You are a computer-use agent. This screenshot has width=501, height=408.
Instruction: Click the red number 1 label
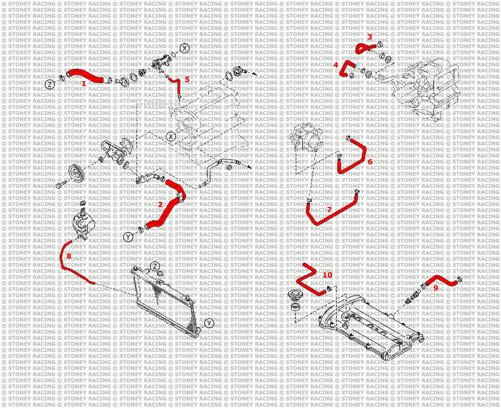click(84, 84)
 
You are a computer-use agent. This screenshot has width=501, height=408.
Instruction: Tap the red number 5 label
click(187, 79)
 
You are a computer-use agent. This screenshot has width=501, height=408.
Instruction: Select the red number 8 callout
click(69, 256)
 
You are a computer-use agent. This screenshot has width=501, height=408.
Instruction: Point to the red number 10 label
click(328, 275)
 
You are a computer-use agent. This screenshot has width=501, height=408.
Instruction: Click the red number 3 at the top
click(370, 37)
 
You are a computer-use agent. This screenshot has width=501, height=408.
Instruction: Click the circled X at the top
click(185, 49)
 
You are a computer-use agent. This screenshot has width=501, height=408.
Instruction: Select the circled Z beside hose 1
click(50, 85)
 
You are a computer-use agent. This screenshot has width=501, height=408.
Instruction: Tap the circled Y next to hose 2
click(128, 237)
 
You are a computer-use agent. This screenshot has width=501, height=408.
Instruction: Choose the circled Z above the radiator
click(155, 266)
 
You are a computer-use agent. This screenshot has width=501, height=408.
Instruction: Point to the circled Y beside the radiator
click(209, 323)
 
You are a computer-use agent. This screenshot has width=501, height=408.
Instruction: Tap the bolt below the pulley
click(62, 185)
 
